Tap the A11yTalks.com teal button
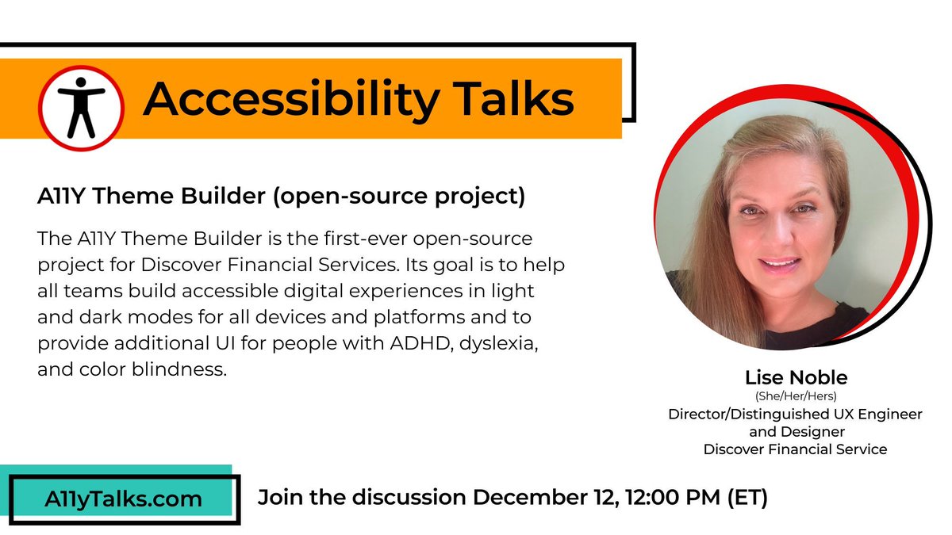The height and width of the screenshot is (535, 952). tap(123, 499)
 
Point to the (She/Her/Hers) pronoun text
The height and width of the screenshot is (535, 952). tap(794, 396)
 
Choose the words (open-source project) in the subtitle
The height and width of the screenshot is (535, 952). tap(399, 197)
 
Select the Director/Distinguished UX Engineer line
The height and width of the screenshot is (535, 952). tap(794, 415)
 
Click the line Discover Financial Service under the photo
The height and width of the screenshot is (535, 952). tap(794, 449)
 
